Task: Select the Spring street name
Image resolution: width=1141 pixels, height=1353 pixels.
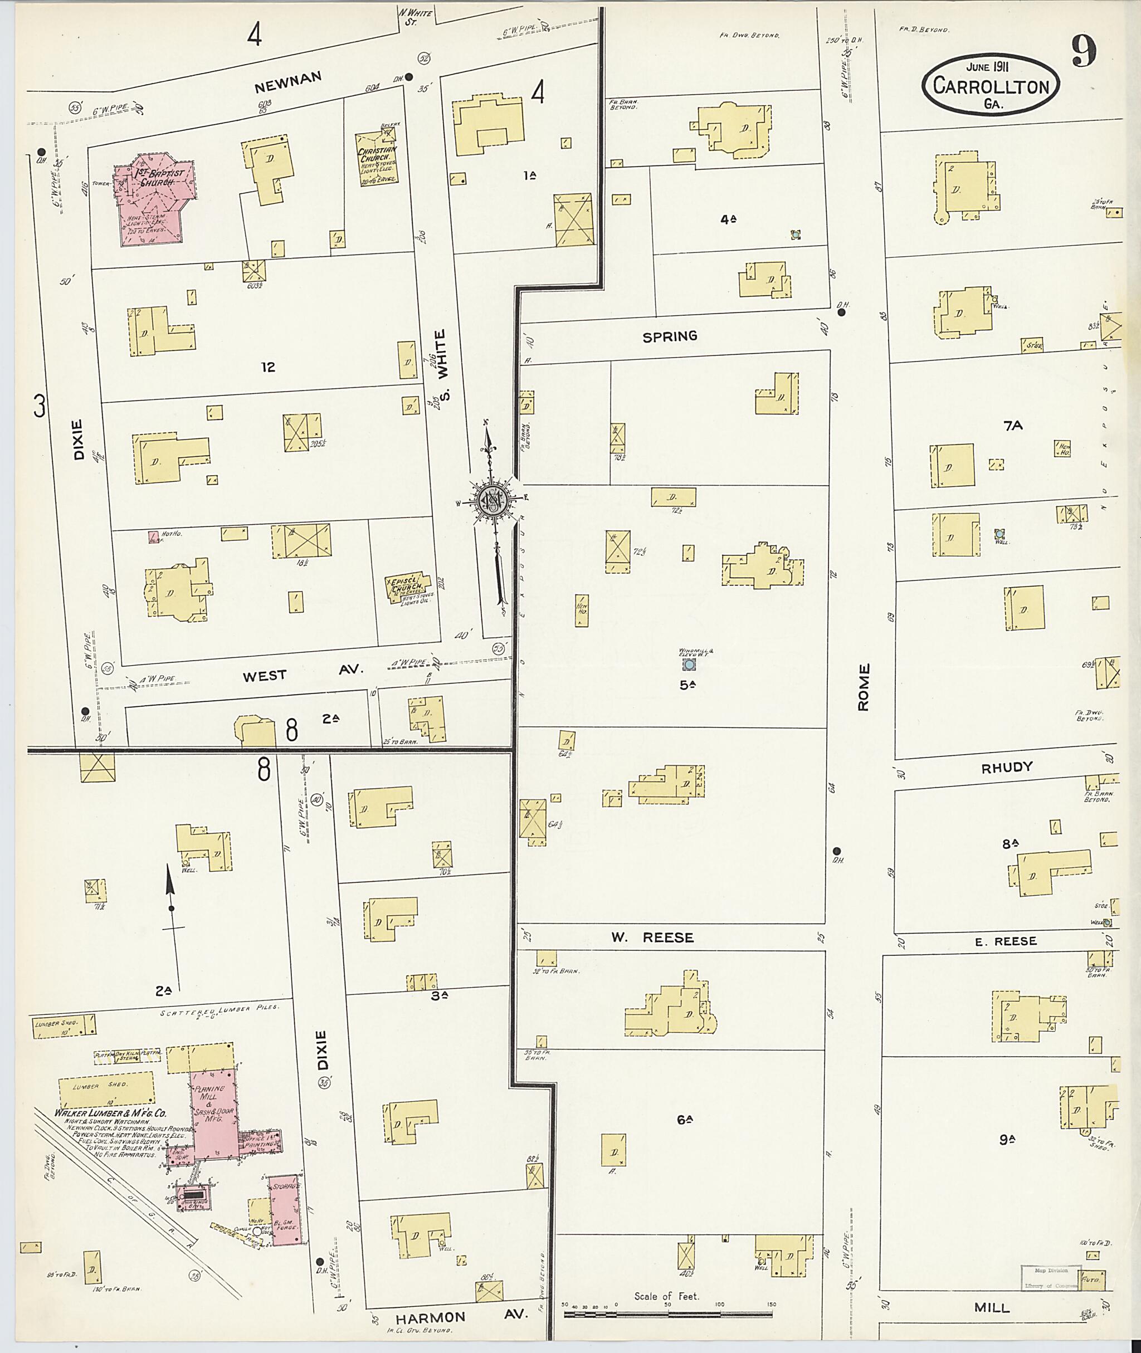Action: (x=670, y=336)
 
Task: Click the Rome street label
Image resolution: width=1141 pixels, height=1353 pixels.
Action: (x=864, y=687)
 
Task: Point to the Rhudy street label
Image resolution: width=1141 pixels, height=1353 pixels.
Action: (x=1007, y=767)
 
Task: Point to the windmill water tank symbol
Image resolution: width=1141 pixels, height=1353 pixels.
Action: (x=690, y=664)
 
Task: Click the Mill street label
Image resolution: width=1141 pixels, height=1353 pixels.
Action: (x=992, y=1308)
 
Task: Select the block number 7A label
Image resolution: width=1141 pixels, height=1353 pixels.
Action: (x=1013, y=425)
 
